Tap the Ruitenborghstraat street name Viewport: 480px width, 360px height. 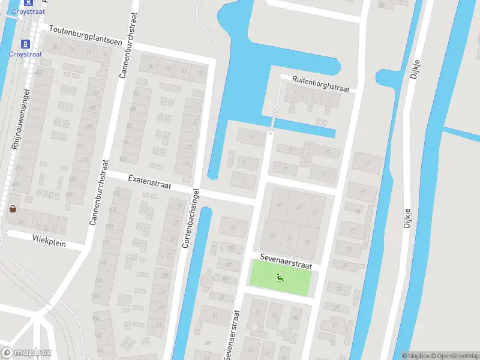tap(320, 83)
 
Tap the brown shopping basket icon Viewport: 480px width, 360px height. tap(13, 209)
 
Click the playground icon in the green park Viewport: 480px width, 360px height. tap(280, 277)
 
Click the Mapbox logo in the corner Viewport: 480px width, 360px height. tap(26, 352)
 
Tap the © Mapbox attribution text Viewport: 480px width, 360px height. tap(414, 356)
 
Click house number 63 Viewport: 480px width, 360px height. tap(280, 205)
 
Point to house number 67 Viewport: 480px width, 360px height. tap(316, 212)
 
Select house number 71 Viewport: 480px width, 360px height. tap(290, 239)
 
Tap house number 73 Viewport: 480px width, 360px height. tap(272, 236)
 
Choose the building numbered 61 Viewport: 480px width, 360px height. tap(233, 226)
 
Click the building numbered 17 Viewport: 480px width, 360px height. tap(362, 192)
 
